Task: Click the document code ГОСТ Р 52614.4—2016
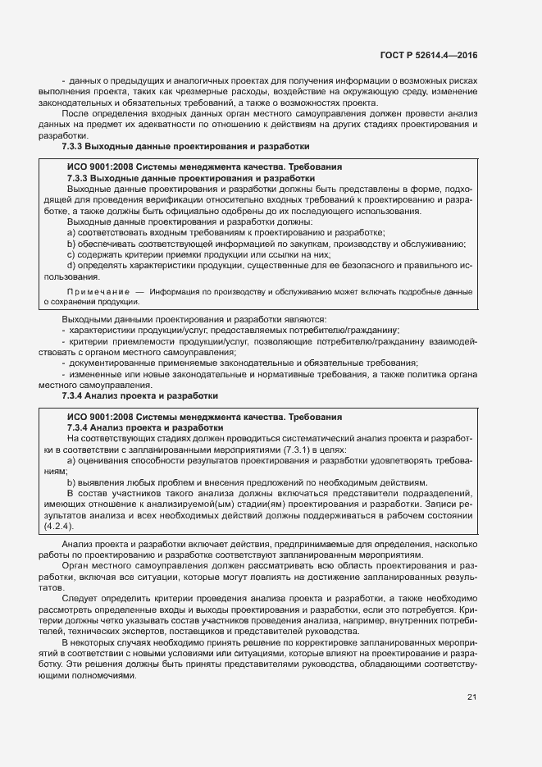point(429,55)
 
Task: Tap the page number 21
point(471,697)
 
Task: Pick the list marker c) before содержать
point(71,255)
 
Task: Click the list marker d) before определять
point(71,266)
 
